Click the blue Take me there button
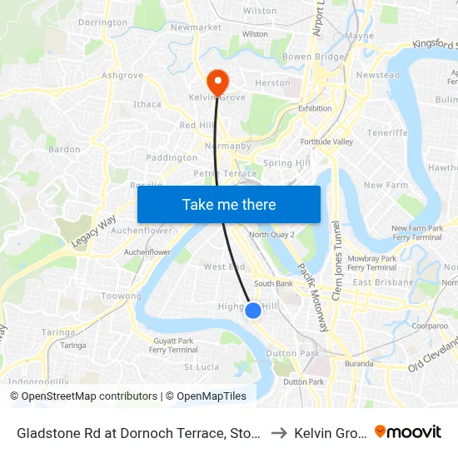pyautogui.click(x=229, y=205)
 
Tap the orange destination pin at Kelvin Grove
pyautogui.click(x=218, y=82)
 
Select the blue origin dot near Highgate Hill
pyautogui.click(x=252, y=311)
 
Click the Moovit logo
pyautogui.click(x=408, y=432)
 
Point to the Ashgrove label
pyautogui.click(x=117, y=75)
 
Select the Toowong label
pyautogui.click(x=122, y=296)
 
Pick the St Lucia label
pyautogui.click(x=201, y=366)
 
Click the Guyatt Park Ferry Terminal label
pyautogui.click(x=173, y=345)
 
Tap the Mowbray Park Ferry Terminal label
pyautogui.click(x=371, y=263)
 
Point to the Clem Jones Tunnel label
pyautogui.click(x=337, y=257)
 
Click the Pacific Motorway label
pyautogui.click(x=314, y=296)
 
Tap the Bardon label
pyautogui.click(x=65, y=150)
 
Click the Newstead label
pyautogui.click(x=378, y=75)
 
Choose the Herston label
pyautogui.click(x=273, y=83)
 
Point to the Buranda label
pyautogui.click(x=359, y=364)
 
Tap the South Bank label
pyautogui.click(x=273, y=283)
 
